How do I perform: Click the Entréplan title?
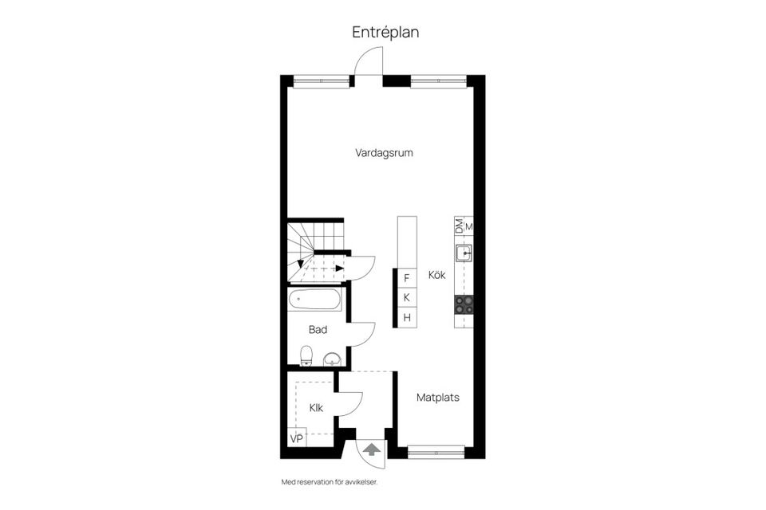point(385,33)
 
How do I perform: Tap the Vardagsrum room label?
point(384,153)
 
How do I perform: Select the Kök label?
point(436,275)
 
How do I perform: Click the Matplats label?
point(438,397)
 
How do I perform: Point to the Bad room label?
point(318,329)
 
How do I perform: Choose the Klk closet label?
point(317,408)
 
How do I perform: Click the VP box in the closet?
point(296,438)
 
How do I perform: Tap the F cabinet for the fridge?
point(407,278)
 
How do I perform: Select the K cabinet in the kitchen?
point(407,298)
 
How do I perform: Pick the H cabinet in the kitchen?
point(407,318)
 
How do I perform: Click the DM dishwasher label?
point(459,226)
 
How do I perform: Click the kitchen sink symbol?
point(464,254)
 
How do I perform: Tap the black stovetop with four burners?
point(464,304)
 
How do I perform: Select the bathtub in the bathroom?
point(316,301)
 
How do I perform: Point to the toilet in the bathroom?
point(306,355)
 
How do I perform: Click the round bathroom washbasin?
point(332,359)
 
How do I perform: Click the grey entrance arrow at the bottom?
point(372,450)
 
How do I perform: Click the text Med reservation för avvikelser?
point(328,482)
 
